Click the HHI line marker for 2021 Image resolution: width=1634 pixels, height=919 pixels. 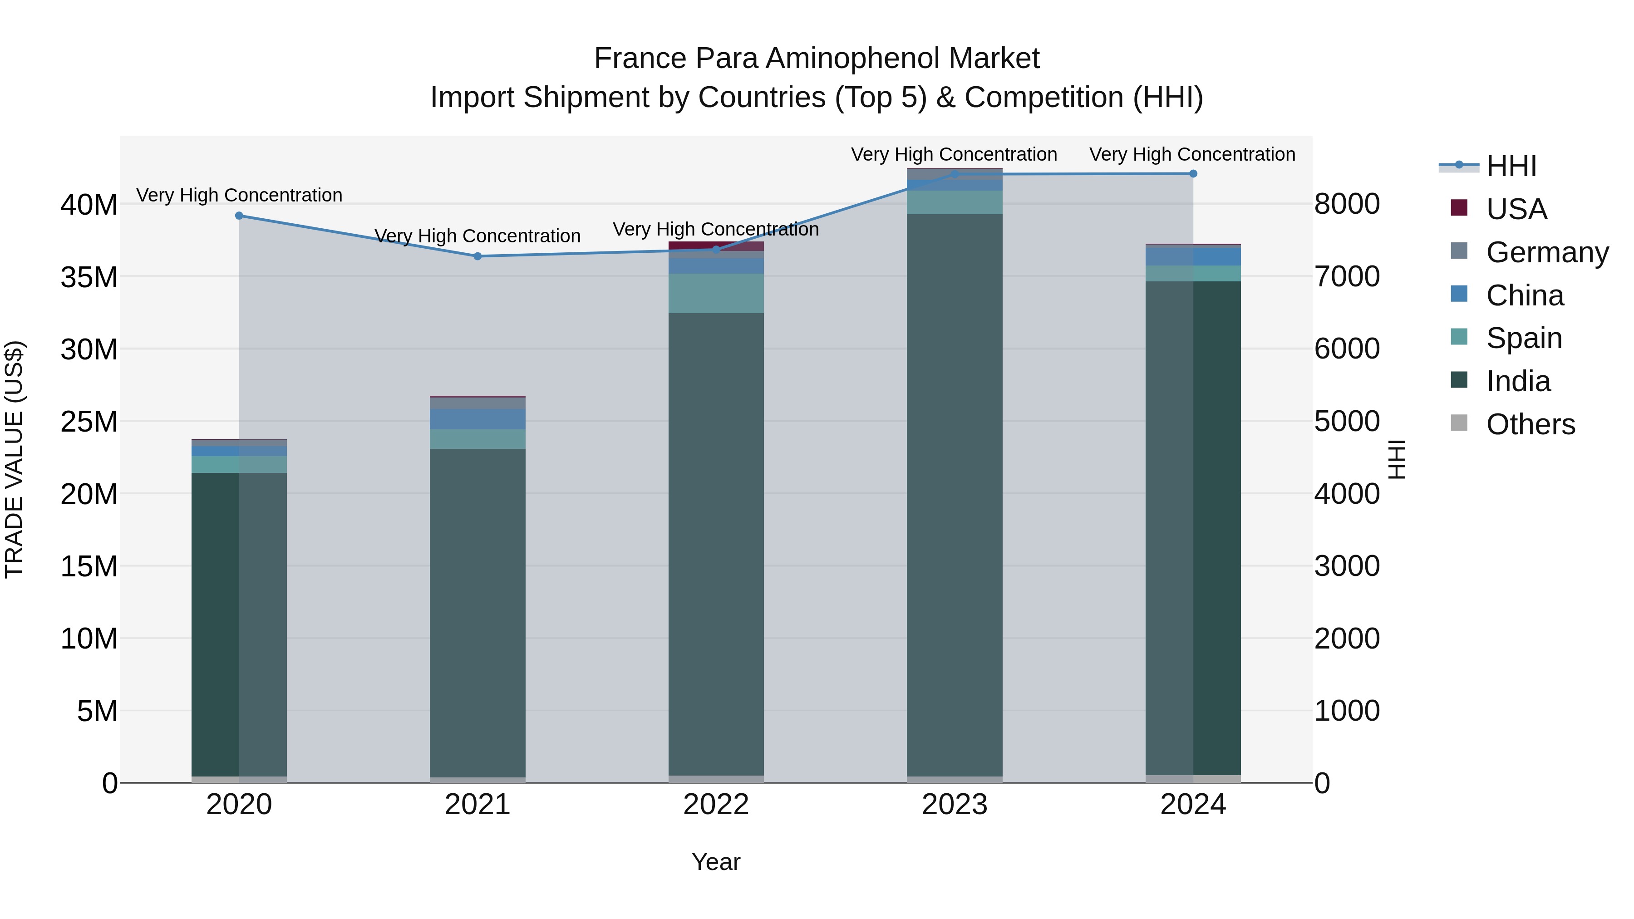(x=477, y=256)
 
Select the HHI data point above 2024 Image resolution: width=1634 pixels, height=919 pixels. (x=1193, y=174)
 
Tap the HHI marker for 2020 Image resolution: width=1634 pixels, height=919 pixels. (x=239, y=216)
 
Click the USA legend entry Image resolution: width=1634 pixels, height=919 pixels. (x=1516, y=209)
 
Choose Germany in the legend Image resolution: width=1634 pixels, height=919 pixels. (x=1546, y=252)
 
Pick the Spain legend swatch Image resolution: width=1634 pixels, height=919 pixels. (x=1459, y=337)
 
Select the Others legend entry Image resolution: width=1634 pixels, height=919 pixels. (x=1530, y=424)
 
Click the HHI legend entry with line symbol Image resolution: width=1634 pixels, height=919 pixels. (x=1511, y=166)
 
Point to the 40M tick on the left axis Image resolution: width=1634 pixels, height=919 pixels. (x=89, y=205)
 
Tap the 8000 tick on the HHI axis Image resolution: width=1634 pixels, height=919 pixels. (x=1347, y=204)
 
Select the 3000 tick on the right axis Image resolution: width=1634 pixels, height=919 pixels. (x=1347, y=566)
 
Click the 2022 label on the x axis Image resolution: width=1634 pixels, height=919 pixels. (x=716, y=805)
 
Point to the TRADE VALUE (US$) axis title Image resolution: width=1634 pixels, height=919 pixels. (x=15, y=459)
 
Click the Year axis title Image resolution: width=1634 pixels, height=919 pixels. (x=716, y=862)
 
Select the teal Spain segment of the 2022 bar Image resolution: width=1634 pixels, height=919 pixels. (x=716, y=294)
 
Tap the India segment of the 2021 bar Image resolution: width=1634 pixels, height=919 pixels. (x=477, y=609)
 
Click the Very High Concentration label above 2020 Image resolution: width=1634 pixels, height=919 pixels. (x=239, y=195)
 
